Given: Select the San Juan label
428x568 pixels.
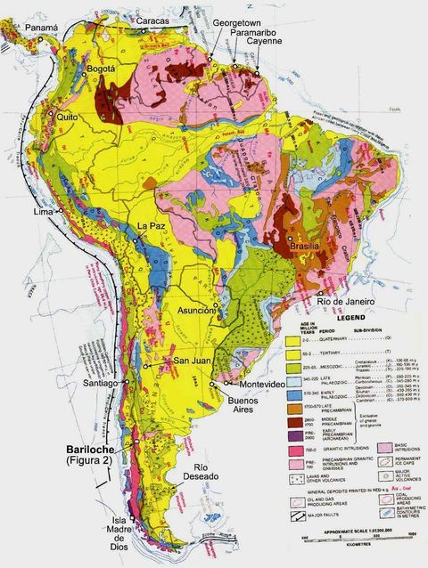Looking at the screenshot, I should coord(191,361).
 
